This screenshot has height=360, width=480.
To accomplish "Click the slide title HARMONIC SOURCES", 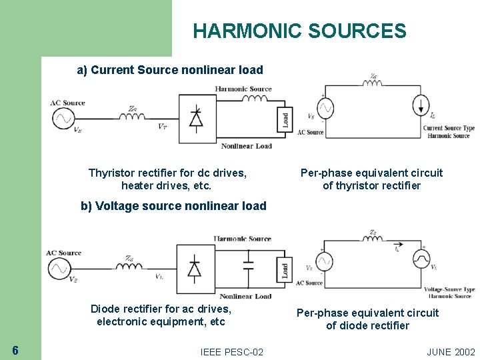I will click(299, 31).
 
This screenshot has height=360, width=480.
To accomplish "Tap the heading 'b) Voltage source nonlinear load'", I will click(173, 206).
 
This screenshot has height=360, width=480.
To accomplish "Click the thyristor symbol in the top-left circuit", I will click(196, 118).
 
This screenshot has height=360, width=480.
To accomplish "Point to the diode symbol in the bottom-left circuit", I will click(194, 269).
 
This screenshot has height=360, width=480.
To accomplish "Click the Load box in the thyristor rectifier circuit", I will click(285, 119).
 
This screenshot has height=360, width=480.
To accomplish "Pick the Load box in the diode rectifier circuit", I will click(285, 271).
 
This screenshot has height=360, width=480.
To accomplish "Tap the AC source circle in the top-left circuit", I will click(63, 118).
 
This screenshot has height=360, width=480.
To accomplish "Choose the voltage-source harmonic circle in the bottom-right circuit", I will click(421, 257).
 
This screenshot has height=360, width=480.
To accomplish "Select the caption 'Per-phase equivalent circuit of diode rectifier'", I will click(367, 319).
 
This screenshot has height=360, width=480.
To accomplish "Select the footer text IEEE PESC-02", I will click(231, 351).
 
